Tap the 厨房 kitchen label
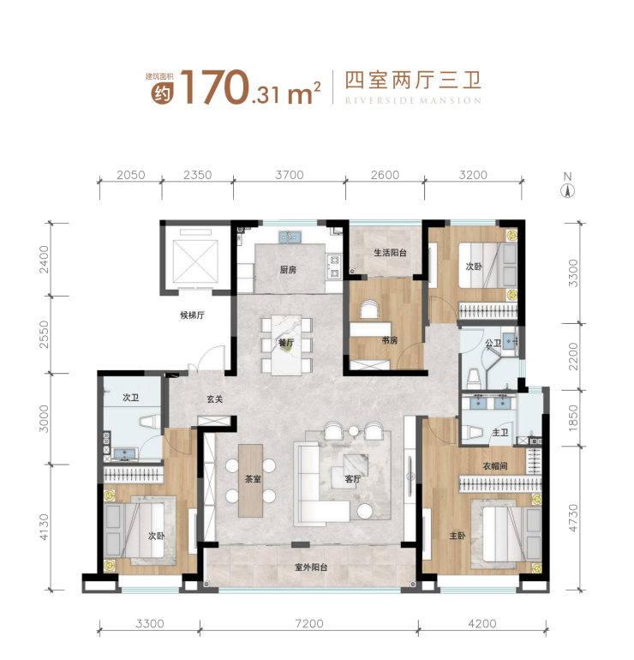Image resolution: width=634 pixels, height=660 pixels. tap(288, 270)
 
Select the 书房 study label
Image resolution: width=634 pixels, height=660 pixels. tap(390, 340)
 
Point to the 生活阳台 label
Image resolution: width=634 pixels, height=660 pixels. tap(390, 253)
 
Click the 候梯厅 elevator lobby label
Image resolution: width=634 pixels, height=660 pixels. tap(192, 315)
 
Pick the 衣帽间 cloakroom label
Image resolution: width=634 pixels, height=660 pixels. tap(494, 466)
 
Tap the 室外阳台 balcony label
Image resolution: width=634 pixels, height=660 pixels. tap(311, 567)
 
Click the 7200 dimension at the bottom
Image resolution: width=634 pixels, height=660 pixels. tap(309, 623)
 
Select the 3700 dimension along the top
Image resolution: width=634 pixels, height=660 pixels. tap(290, 175)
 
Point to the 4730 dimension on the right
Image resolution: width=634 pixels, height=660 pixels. tap(573, 518)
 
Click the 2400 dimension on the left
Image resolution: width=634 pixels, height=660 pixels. tap(44, 259)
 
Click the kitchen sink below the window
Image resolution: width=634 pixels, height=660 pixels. tap(290, 237)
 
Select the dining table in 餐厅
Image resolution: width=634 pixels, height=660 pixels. tap(286, 345)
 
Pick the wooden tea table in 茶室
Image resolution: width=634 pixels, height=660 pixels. tap(250, 480)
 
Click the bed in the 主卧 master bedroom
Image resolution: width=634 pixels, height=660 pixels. tap(511, 534)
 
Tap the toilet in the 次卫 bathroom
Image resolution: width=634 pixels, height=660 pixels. tap(150, 422)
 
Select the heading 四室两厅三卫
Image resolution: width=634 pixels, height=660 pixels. tap(413, 81)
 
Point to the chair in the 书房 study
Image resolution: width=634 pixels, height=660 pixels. tap(369, 309)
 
